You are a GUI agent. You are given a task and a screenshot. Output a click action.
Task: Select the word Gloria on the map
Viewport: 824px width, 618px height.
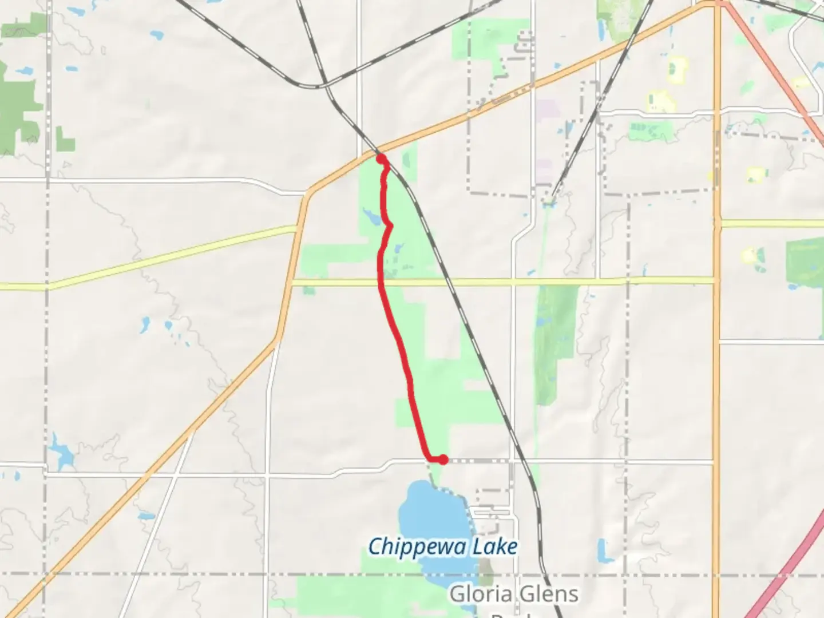477,594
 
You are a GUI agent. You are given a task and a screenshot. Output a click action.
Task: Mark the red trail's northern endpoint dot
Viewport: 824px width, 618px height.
381,159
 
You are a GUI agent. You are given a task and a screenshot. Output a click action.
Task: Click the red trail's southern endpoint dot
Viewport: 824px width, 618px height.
443,459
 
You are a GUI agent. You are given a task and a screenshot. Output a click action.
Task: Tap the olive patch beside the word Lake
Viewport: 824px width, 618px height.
486,569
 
